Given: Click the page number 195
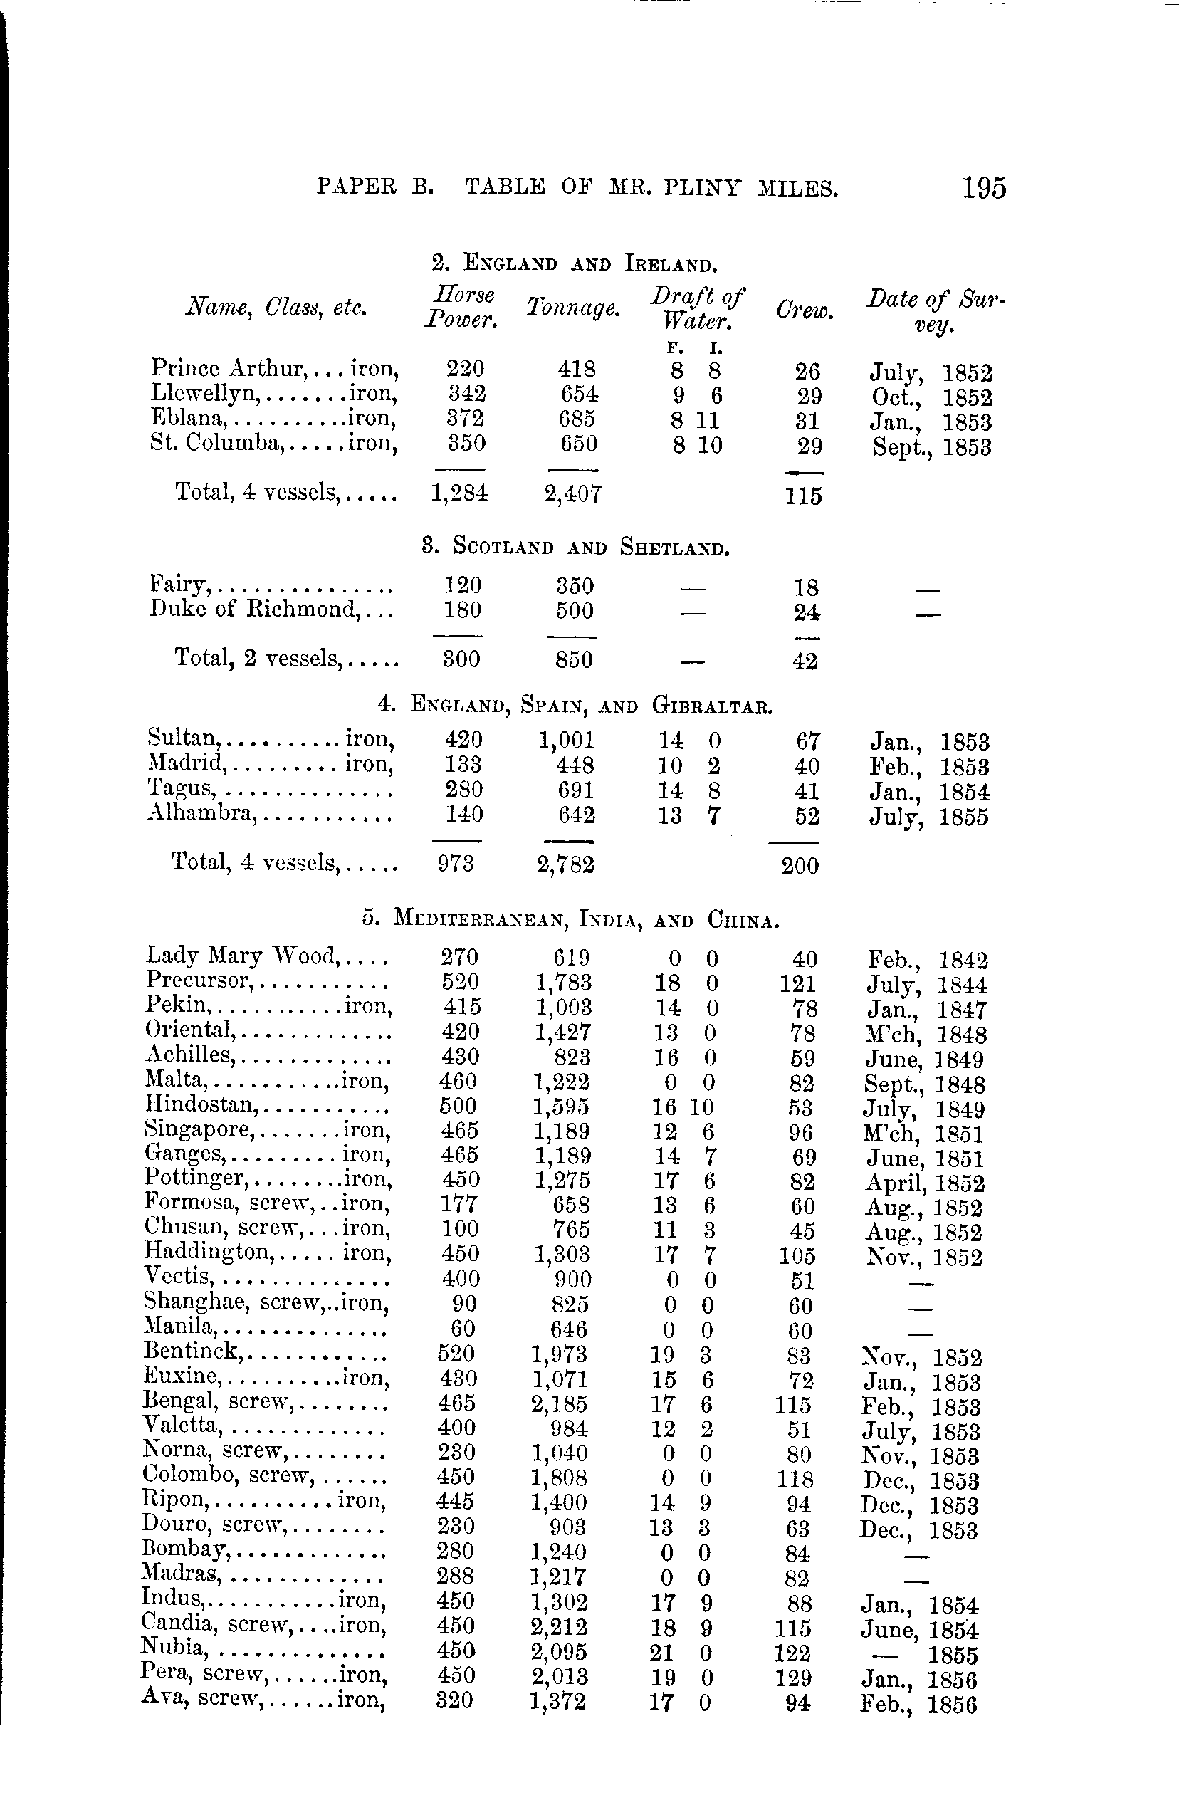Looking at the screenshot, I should (984, 188).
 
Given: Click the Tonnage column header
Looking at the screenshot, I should (572, 308).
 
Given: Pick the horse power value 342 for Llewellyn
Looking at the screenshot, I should (465, 394).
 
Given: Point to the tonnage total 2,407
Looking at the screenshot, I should (572, 494).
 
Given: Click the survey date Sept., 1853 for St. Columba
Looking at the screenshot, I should (931, 446).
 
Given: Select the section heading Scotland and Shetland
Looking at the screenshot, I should (575, 548).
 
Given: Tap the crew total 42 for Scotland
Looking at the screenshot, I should (804, 661).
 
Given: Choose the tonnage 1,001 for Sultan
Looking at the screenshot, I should (566, 740).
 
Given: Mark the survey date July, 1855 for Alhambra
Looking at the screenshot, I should (928, 817).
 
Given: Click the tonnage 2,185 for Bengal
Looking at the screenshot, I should (559, 1404).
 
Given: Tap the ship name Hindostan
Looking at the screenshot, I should (199, 1105).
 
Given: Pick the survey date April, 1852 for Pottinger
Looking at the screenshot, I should (924, 1183).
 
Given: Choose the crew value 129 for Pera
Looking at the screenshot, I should (792, 1678).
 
